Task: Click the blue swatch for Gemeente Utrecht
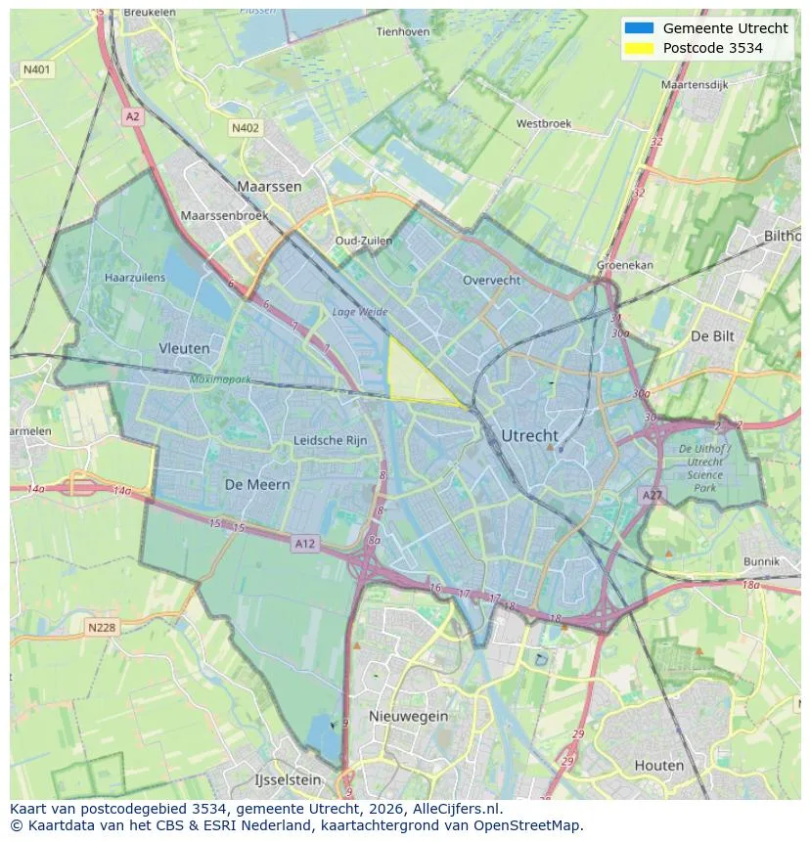(x=638, y=28)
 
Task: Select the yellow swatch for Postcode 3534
(x=638, y=48)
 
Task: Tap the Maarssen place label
(x=269, y=186)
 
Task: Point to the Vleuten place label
(x=184, y=348)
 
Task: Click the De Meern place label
(x=257, y=484)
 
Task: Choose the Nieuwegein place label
(x=408, y=716)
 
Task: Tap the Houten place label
(x=658, y=765)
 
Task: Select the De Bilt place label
(x=711, y=335)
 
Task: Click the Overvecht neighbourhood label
(x=491, y=280)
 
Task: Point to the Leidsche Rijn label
(x=331, y=440)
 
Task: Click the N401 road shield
(x=36, y=70)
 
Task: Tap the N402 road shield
(x=246, y=128)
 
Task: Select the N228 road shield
(x=102, y=628)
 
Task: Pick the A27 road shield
(x=652, y=496)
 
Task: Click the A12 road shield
(x=304, y=544)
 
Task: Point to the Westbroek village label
(x=543, y=124)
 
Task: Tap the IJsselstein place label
(x=287, y=780)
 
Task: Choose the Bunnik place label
(x=761, y=561)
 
